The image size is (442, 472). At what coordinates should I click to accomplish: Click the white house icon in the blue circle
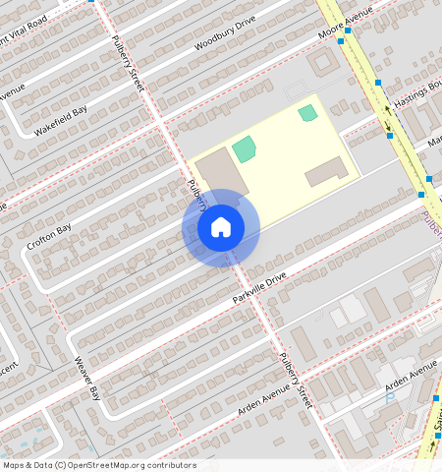coord(221,227)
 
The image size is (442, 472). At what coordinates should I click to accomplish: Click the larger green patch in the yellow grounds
coord(244,149)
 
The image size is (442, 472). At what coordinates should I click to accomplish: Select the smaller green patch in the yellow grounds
coord(308,113)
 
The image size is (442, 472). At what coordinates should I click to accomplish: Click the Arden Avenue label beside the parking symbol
coord(411,374)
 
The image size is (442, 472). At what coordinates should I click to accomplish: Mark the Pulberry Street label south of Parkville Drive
coord(296,382)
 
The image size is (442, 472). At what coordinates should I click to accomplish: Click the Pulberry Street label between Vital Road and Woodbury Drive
coord(129,63)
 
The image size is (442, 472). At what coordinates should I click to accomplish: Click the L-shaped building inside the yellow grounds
coord(326,171)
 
